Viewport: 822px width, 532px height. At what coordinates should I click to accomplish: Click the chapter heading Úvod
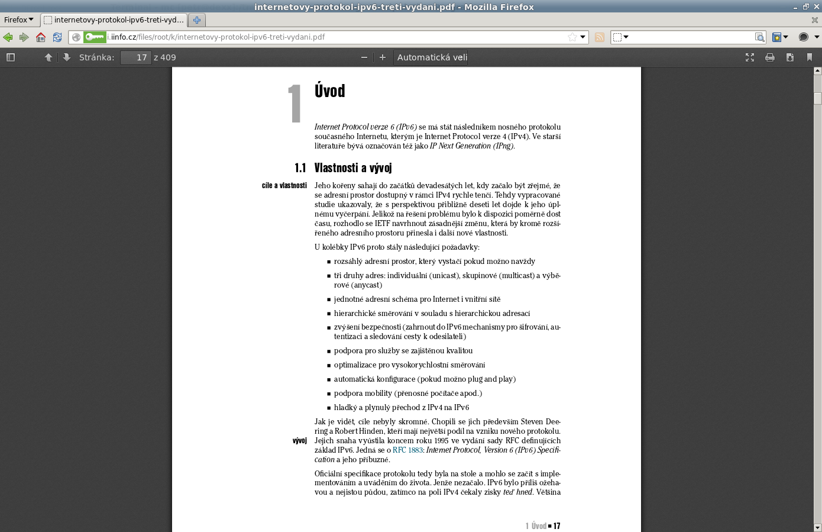tap(329, 91)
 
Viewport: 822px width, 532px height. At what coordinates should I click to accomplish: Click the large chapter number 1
tap(295, 104)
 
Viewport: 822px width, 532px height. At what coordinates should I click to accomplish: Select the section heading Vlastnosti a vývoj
tap(353, 168)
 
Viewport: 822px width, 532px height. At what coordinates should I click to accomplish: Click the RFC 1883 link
tap(407, 450)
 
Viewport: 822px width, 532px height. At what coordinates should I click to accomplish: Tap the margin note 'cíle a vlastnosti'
tap(284, 186)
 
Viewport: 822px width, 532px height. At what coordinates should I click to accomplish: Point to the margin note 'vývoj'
tap(299, 441)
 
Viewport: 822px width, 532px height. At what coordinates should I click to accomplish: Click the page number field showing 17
tap(135, 57)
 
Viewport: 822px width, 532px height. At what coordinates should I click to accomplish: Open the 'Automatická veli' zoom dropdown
tap(432, 57)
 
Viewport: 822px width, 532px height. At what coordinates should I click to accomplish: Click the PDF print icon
tap(770, 57)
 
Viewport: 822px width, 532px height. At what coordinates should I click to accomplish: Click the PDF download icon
tap(789, 57)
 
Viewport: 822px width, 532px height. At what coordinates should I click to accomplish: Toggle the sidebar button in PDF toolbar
tap(11, 57)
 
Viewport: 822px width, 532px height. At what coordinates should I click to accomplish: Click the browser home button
tap(41, 37)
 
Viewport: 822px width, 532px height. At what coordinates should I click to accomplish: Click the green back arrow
tap(8, 37)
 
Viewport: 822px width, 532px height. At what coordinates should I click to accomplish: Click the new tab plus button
tap(197, 20)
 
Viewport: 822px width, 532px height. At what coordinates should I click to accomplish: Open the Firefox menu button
tap(18, 20)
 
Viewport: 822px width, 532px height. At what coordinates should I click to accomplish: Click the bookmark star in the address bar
tap(572, 37)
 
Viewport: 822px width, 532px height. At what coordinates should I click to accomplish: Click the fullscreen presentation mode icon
tap(750, 57)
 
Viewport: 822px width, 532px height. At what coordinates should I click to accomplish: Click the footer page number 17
tap(556, 526)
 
